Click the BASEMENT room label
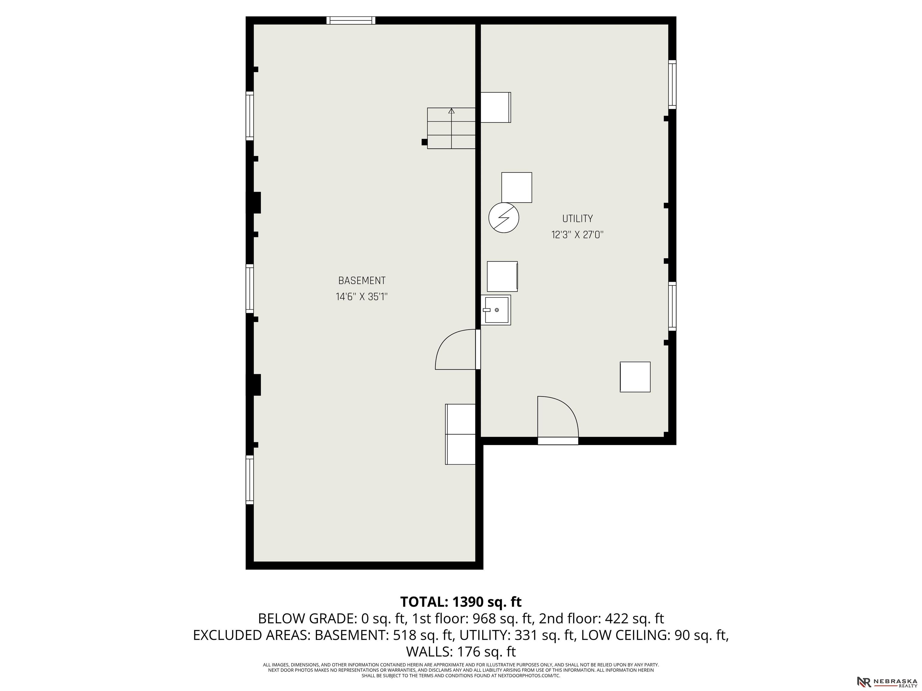[x=362, y=281]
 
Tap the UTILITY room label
[x=577, y=219]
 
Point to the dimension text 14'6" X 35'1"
[x=362, y=297]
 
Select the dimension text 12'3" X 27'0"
[x=577, y=235]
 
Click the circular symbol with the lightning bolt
[x=504, y=217]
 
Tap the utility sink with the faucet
[x=496, y=310]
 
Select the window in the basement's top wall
[x=351, y=20]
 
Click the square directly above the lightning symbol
[x=517, y=187]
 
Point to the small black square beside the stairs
[x=424, y=142]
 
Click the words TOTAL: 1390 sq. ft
[x=461, y=602]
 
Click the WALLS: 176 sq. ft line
[x=461, y=651]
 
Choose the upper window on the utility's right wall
[x=672, y=85]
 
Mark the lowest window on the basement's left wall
[x=250, y=480]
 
